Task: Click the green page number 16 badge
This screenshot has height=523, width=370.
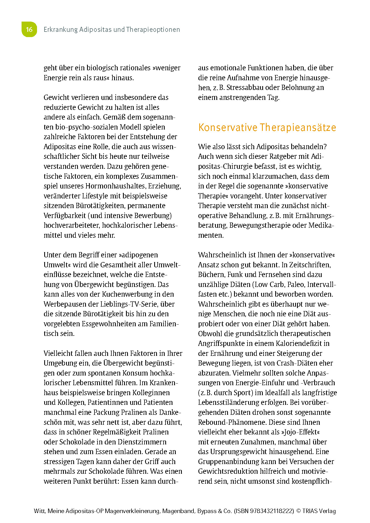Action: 29,29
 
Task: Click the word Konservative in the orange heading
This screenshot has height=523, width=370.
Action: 228,128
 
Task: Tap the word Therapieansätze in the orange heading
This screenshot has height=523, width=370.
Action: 298,128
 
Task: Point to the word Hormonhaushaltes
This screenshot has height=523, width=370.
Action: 116,186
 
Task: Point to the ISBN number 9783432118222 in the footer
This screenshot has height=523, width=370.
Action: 272,511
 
